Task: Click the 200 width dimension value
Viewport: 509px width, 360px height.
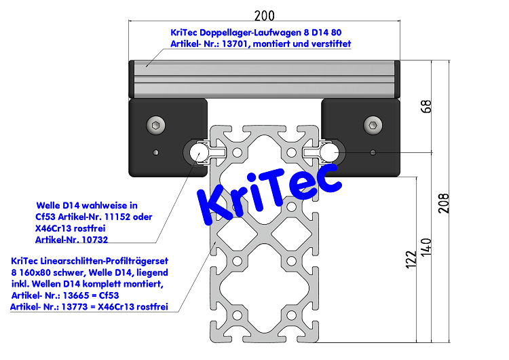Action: point(265,14)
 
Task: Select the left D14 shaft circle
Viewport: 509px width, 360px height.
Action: point(199,152)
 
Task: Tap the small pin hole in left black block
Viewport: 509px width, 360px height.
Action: point(157,151)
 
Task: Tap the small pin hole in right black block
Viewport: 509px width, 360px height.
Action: point(373,151)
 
